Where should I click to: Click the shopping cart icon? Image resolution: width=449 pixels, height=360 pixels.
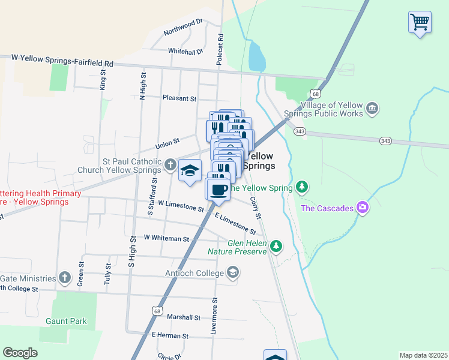coord(420,22)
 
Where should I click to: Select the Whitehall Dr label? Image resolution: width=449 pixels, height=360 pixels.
coord(186,52)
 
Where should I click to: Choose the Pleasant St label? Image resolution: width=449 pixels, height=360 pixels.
coord(179,98)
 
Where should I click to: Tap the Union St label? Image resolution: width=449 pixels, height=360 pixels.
coord(167,143)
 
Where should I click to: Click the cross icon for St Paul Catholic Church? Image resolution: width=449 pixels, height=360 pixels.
coord(170,164)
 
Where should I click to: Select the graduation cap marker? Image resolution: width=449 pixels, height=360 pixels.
coord(190,171)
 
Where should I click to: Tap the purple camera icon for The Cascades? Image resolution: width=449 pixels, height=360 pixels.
coord(362,208)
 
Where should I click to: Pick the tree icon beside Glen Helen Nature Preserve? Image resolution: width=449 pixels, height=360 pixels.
coord(276,245)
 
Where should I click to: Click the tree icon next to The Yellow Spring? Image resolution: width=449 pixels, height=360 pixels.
coord(303,187)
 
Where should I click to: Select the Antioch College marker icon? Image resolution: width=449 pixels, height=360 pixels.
coord(232,274)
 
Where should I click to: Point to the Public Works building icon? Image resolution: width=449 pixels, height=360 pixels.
coord(372,109)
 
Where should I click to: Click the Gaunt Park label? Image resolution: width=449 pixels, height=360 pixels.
coord(66,321)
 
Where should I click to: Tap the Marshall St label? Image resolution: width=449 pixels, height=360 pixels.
coord(183,317)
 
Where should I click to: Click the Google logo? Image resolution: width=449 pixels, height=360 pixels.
coord(20,353)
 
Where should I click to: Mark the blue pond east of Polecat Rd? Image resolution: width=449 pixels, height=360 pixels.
coord(256,57)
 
